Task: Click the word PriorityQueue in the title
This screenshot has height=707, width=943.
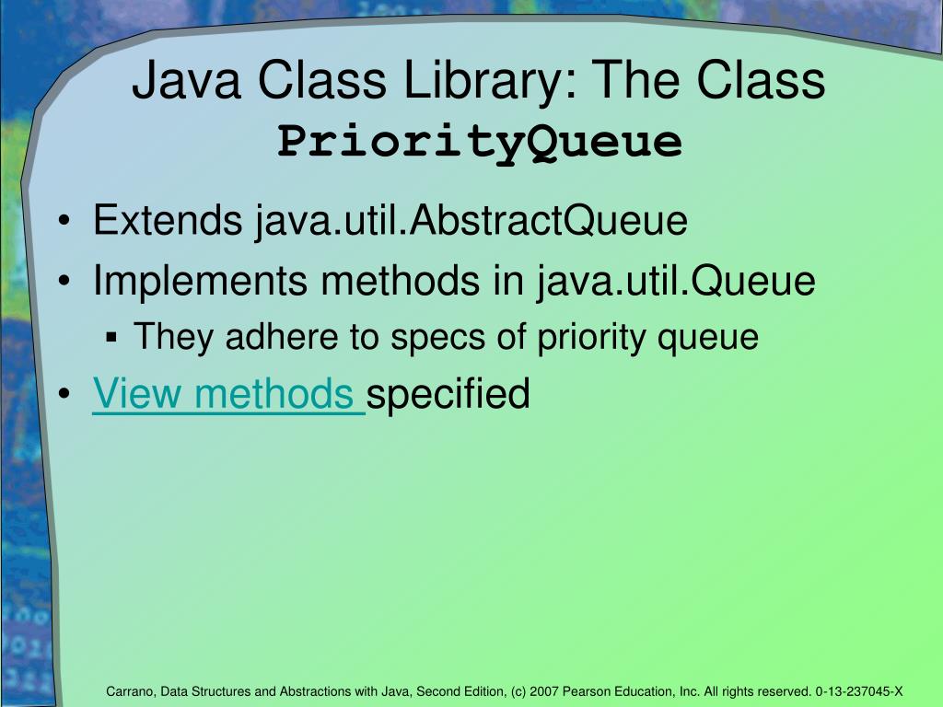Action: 480,141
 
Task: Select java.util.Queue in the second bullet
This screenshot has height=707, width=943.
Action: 677,281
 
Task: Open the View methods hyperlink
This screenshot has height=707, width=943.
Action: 228,394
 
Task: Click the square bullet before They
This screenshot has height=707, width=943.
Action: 111,339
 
